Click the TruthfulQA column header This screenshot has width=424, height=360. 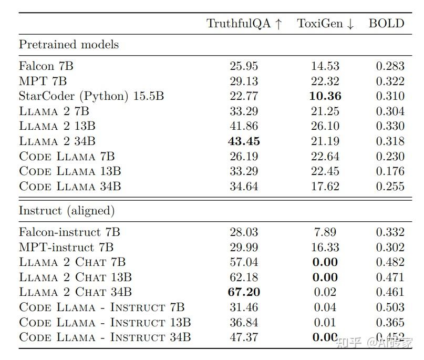point(244,24)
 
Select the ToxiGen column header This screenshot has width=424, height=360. point(326,24)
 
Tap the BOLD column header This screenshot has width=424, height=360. point(387,24)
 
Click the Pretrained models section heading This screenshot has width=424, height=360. point(69,45)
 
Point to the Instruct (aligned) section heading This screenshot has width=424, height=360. point(67,211)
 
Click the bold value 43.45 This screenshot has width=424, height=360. point(244,141)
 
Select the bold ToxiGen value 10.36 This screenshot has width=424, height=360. point(326,96)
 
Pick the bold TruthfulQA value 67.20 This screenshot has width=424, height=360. point(244,292)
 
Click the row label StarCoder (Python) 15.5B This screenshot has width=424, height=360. point(91,96)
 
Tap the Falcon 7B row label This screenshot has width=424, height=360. point(43,66)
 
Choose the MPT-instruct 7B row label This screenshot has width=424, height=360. point(66,247)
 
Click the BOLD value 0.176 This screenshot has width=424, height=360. point(390,171)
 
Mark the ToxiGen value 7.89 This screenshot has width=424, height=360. point(326,232)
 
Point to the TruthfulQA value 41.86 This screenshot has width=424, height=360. point(244,126)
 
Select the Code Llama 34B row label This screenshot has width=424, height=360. point(70,187)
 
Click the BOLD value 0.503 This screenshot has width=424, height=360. point(390,307)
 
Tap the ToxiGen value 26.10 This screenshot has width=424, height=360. point(326,126)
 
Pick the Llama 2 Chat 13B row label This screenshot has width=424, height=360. point(75,277)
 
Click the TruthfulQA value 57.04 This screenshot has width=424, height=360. point(244,262)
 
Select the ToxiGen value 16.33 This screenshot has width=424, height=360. point(326,247)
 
